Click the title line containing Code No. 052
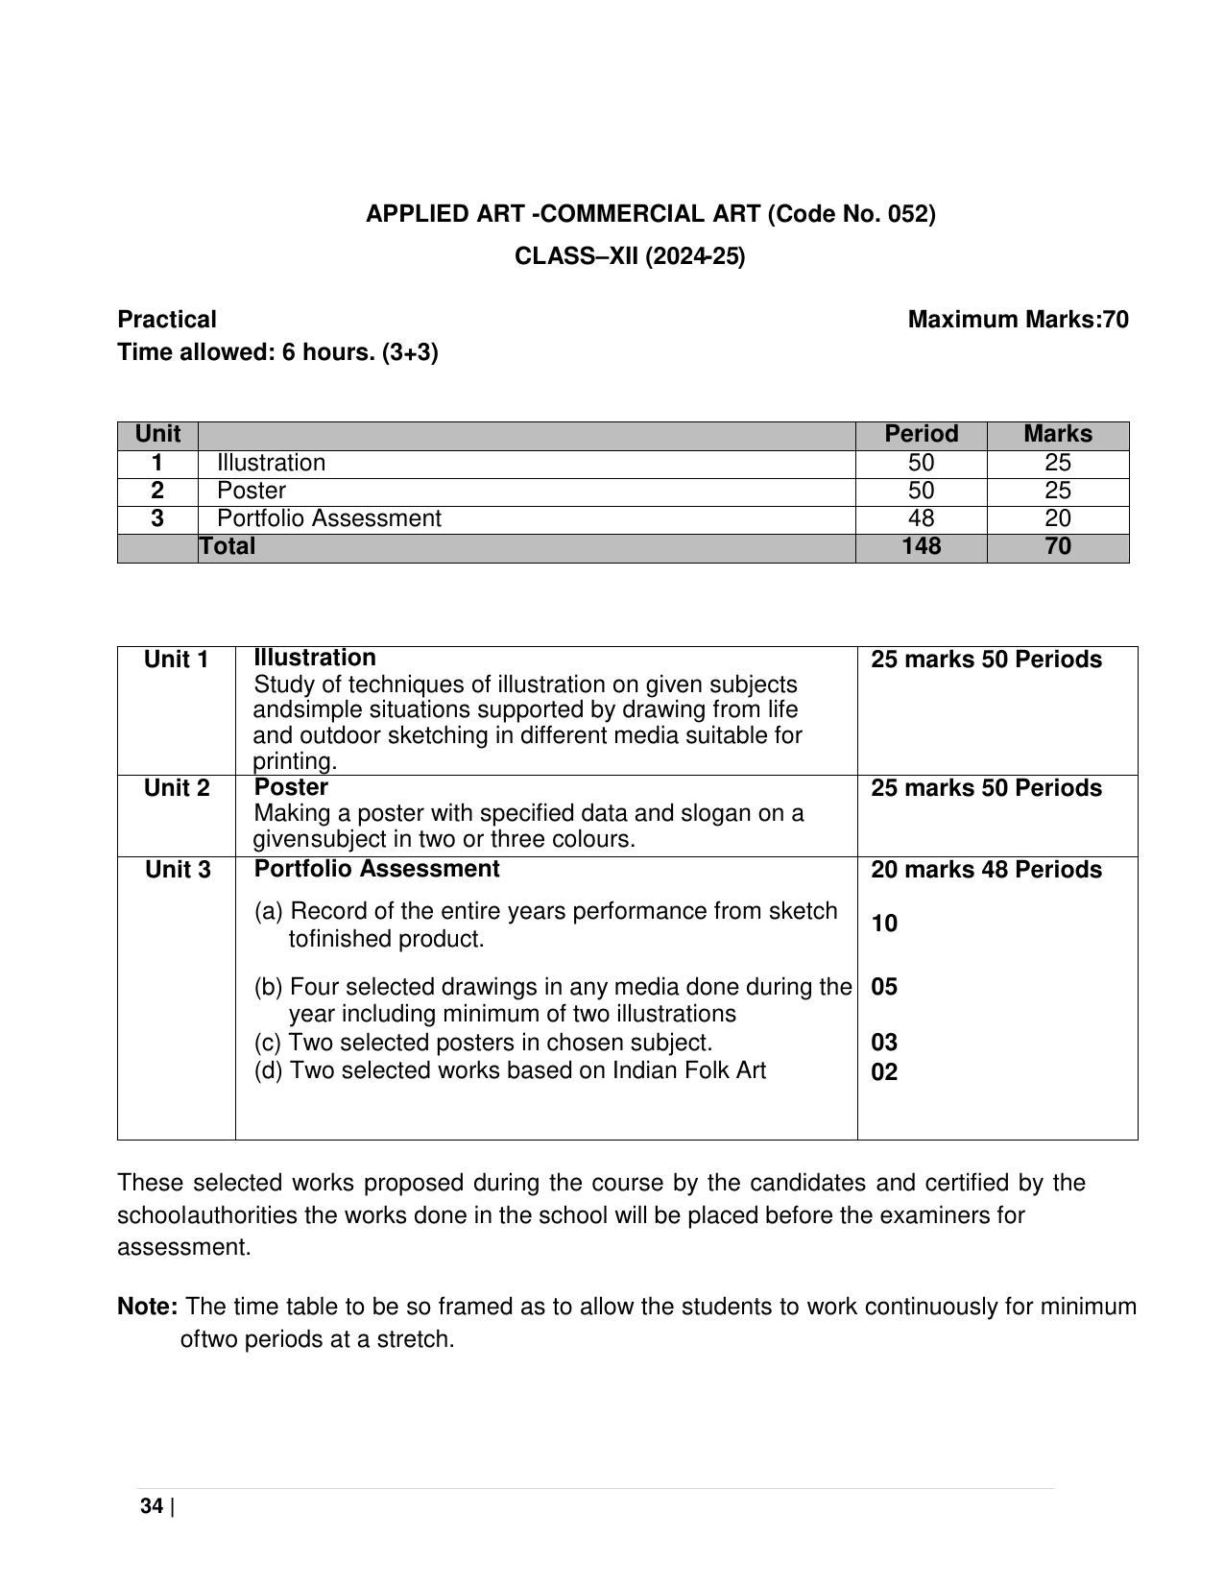pyautogui.click(x=650, y=214)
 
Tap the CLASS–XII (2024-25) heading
pyautogui.click(x=630, y=256)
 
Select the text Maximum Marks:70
pyautogui.click(x=1018, y=320)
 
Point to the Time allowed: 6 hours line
pyautogui.click(x=277, y=352)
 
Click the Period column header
pyautogui.click(x=921, y=434)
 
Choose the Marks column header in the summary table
pyautogui.click(x=1057, y=434)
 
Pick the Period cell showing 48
pyautogui.click(x=921, y=518)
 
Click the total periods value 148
pyautogui.click(x=921, y=546)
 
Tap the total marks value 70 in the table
pyautogui.click(x=1057, y=546)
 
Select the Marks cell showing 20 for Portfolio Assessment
pyautogui.click(x=1057, y=518)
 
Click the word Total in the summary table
pyautogui.click(x=228, y=546)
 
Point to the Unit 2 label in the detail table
pyautogui.click(x=177, y=788)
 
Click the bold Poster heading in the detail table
pyautogui.click(x=291, y=787)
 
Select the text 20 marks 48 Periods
pyautogui.click(x=986, y=870)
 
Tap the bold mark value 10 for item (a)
pyautogui.click(x=884, y=924)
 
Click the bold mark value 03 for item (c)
pyautogui.click(x=884, y=1043)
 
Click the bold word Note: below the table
pyautogui.click(x=147, y=1307)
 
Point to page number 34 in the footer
pyautogui.click(x=152, y=1506)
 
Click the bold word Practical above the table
pyautogui.click(x=167, y=320)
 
